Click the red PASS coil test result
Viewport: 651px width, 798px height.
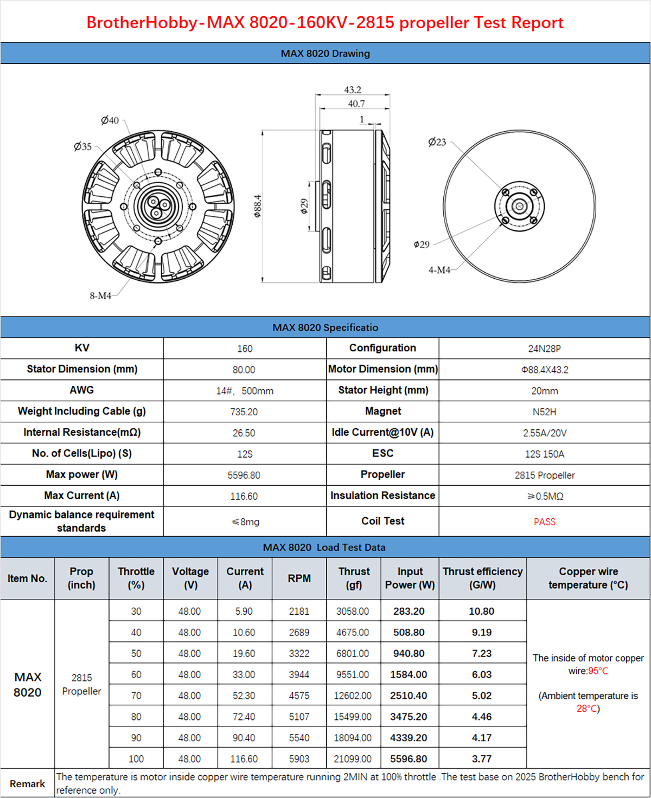coord(545,522)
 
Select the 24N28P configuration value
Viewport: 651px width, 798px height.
coord(545,349)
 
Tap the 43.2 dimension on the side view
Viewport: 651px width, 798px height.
coord(353,90)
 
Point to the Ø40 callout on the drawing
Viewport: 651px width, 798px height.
coord(110,120)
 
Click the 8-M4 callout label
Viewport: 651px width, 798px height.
coord(100,295)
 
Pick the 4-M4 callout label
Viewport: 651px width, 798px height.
coord(439,270)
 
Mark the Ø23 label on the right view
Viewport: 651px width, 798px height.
coord(437,142)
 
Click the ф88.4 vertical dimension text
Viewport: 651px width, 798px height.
coord(258,207)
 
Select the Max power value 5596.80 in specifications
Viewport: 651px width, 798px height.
coord(244,475)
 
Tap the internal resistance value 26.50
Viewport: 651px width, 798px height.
coord(244,433)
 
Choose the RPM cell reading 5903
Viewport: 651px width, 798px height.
coord(299,759)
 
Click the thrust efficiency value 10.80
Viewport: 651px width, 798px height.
coord(482,612)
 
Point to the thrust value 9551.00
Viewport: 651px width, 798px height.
coord(353,675)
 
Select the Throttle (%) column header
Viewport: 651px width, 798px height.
coord(136,578)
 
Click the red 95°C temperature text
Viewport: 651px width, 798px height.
coord(598,671)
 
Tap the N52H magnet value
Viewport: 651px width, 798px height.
coord(545,412)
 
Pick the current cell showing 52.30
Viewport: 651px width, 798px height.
coord(244,696)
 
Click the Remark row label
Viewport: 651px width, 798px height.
coord(27,784)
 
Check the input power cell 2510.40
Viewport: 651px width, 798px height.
coord(409,696)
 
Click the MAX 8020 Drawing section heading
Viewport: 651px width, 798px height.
coord(325,54)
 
